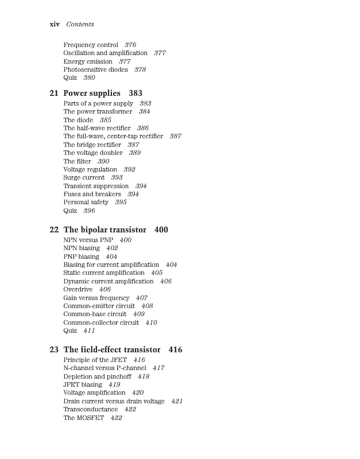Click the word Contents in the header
[x=80, y=24]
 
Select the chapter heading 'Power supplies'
[x=92, y=93]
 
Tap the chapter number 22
[x=54, y=229]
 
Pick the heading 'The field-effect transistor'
[x=112, y=349]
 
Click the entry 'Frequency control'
[x=91, y=45]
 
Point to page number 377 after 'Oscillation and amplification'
[x=160, y=53]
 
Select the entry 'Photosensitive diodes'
[x=95, y=69]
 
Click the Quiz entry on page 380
[x=70, y=77]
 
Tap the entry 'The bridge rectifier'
[x=92, y=145]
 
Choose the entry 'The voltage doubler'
[x=92, y=153]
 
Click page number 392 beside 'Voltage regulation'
[x=129, y=169]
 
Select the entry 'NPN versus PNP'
[x=88, y=240]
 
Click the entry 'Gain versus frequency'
[x=96, y=298]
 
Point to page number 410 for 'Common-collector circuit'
[x=151, y=322]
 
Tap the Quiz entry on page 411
[x=70, y=330]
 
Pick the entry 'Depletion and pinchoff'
[x=97, y=376]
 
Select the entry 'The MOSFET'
[x=83, y=418]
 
